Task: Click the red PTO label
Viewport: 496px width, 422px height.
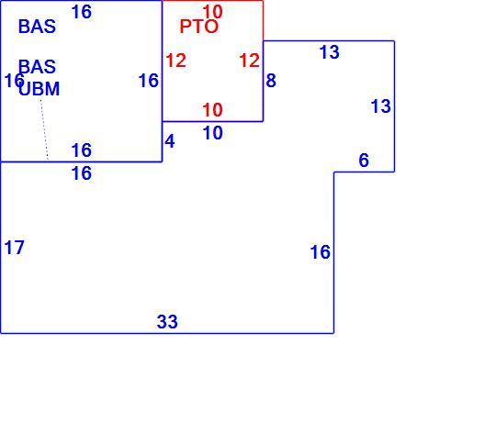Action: tap(199, 27)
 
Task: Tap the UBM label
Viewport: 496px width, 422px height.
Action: tap(39, 89)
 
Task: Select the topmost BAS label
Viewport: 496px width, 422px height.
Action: tap(37, 27)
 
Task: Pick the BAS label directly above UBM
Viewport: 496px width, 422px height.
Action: tap(37, 67)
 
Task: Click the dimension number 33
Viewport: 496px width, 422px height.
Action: tap(167, 322)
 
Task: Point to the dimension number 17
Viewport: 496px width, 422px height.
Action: tap(14, 248)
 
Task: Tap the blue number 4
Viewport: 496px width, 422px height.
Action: tap(170, 141)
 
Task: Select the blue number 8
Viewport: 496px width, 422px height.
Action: tap(271, 80)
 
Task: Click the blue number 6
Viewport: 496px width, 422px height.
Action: tap(364, 161)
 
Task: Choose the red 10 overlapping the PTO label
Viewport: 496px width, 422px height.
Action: tap(212, 12)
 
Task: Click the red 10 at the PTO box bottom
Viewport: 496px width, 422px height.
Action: tap(212, 110)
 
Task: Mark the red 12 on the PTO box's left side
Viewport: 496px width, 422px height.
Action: tap(175, 61)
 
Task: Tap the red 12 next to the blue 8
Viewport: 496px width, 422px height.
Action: tap(250, 61)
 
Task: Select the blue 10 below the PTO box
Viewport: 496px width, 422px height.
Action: tap(212, 133)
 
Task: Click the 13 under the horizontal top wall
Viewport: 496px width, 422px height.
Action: tap(330, 52)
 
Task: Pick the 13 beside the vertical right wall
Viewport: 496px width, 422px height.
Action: tap(381, 106)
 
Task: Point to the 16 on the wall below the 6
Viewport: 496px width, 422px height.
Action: tap(321, 252)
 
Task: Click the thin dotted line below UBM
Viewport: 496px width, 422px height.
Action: tap(44, 129)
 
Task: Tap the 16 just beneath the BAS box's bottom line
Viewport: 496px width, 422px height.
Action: tap(82, 173)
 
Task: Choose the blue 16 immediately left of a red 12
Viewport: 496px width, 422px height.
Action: tap(149, 80)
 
